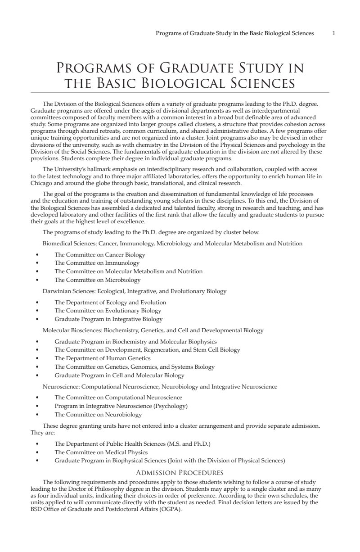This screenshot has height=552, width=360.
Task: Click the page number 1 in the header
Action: pos(333,33)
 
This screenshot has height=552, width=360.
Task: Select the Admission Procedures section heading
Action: pos(180,473)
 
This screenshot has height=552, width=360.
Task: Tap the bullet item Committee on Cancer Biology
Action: pos(100,254)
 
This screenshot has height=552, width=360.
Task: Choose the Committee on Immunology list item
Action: pos(97,263)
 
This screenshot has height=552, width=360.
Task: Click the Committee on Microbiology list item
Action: pos(98,280)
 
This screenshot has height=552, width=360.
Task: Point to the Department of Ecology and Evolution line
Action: pos(110,302)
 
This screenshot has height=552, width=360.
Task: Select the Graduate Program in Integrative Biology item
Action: pos(108,319)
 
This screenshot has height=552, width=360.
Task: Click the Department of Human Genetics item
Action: pos(103,358)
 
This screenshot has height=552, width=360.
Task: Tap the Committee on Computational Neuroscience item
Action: pos(118,398)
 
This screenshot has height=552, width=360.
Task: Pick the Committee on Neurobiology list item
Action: pos(98,415)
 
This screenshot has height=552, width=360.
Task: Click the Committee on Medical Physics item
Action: pos(101,452)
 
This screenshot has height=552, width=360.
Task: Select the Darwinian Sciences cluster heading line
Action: pos(134,291)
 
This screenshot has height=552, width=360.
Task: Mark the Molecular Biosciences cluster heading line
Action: pos(153,330)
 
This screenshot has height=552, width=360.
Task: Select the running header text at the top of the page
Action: pos(234,33)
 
